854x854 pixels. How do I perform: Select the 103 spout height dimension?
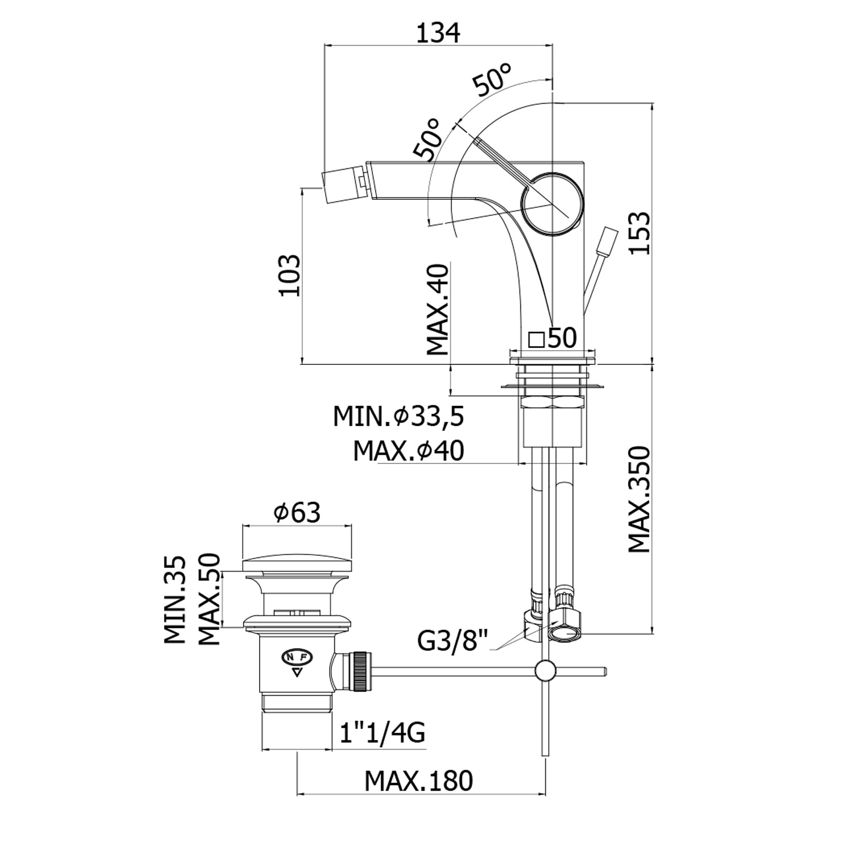tap(289, 275)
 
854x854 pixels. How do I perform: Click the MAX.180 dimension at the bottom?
tap(418, 781)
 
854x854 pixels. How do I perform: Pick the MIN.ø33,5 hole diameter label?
tap(399, 417)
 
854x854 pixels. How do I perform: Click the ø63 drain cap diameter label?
tap(297, 512)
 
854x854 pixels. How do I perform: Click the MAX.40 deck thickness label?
tap(438, 309)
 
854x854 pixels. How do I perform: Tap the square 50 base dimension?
tap(553, 338)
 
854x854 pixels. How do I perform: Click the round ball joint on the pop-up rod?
tap(546, 671)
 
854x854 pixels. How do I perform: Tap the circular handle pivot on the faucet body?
tap(552, 202)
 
